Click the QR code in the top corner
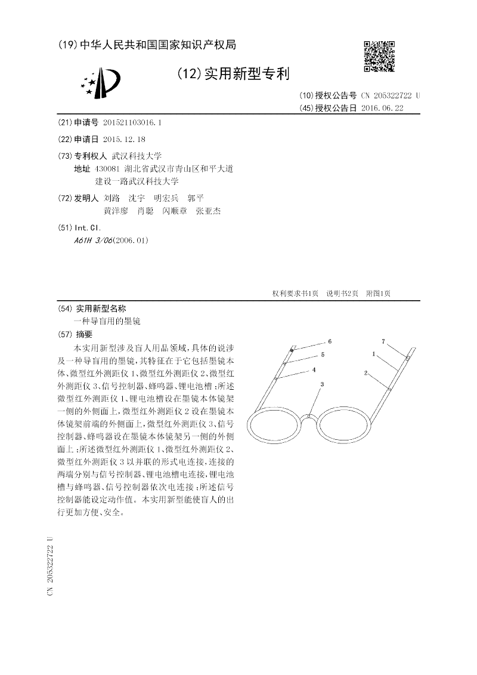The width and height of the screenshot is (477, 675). coord(379,56)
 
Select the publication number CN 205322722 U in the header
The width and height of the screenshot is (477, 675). coord(390,95)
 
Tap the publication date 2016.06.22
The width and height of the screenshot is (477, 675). coord(382,108)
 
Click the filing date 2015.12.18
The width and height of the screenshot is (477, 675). coord(124,138)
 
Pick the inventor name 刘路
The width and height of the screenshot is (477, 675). coord(111,198)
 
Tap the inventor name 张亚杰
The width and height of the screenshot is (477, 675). coord(209,211)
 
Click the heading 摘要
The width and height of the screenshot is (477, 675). coord(84,334)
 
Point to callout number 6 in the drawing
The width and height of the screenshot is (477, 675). coord(329,341)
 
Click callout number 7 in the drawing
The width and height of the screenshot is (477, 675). coord(383,341)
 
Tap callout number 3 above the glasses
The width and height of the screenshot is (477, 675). coord(322,384)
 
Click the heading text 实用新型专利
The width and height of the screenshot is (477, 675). coord(246,74)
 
